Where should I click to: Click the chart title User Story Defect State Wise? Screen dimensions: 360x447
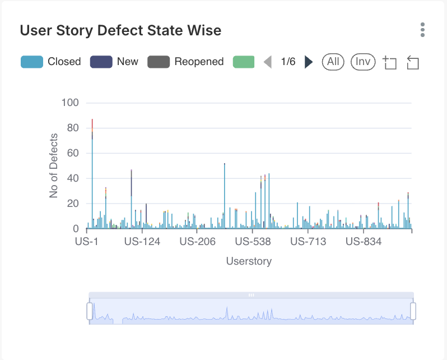coord(120,30)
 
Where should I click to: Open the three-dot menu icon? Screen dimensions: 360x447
coord(422,30)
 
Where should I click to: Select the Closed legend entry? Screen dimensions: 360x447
coord(51,62)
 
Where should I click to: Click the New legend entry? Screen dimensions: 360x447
coord(114,62)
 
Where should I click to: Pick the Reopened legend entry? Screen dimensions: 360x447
coord(185,62)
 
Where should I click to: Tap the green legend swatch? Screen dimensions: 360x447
coord(244,62)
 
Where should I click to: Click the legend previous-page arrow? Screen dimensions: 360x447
coord(268,62)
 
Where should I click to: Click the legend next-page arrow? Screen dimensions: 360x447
coord(308,62)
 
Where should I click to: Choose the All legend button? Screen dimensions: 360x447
coord(333,62)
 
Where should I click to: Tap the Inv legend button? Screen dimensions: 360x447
coord(363,62)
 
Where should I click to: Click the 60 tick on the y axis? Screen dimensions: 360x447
coord(73,153)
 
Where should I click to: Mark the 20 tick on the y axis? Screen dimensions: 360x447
coord(73,204)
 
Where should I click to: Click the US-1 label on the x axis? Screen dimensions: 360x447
coord(86,242)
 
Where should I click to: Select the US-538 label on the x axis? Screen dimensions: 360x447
coord(253,242)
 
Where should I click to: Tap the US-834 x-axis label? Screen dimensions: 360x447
coord(364,242)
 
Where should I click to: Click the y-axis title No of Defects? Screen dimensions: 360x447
coord(54,165)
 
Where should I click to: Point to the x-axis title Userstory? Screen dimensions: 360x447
coord(249,261)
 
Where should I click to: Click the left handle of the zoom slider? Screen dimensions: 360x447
coord(90,311)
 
